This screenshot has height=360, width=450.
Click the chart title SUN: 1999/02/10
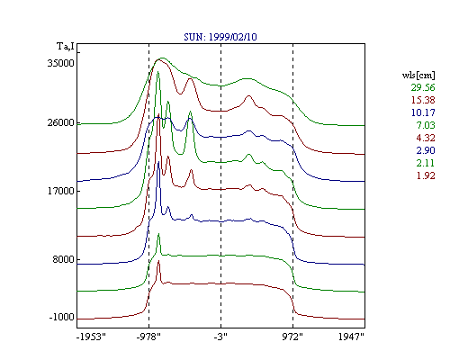[x=220, y=37]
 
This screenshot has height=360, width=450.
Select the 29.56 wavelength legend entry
[x=423, y=87]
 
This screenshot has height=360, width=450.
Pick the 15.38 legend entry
[x=423, y=100]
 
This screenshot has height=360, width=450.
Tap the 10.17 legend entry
[x=423, y=112]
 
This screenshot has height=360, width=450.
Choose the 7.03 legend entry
[x=426, y=125]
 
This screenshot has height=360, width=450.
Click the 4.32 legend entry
[x=426, y=138]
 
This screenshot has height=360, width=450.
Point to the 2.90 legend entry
[x=426, y=150]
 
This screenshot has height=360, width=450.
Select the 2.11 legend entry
[x=426, y=163]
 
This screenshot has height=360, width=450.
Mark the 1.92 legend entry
[x=426, y=175]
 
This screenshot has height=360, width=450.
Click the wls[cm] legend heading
[x=418, y=75]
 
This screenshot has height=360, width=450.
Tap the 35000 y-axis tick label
[x=60, y=63]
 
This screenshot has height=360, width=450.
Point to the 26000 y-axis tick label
[x=60, y=122]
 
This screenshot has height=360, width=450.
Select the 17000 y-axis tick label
[x=60, y=191]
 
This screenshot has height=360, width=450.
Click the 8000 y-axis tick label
[x=63, y=259]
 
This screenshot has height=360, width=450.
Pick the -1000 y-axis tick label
[x=61, y=317]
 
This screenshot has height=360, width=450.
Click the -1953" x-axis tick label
[x=91, y=337]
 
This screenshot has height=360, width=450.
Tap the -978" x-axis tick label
[x=148, y=337]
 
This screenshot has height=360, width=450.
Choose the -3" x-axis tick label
[x=220, y=337]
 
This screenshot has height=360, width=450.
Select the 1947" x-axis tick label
[x=351, y=337]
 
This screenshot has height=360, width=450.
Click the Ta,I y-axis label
[x=66, y=47]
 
